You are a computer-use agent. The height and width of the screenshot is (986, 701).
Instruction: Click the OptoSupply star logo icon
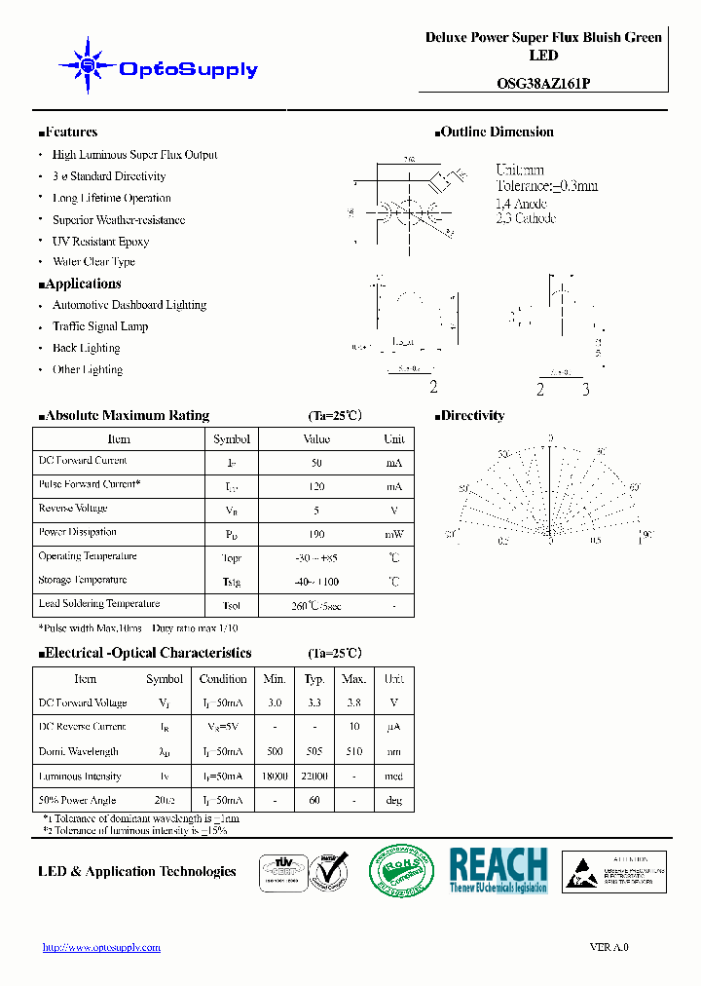click(88, 66)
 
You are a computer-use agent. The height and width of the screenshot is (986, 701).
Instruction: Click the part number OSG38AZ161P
click(543, 84)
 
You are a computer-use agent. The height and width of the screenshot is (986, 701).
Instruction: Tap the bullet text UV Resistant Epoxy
click(100, 241)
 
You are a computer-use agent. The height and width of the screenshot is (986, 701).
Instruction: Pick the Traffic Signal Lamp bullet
click(100, 326)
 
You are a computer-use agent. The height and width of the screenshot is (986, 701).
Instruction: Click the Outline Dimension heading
click(495, 133)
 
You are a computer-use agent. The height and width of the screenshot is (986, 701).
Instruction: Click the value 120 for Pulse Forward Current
click(316, 486)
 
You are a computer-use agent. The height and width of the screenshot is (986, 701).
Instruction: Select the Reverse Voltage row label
click(73, 509)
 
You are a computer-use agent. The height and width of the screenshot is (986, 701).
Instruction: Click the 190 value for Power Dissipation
click(316, 534)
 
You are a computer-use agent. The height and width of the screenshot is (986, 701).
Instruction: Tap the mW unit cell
click(393, 534)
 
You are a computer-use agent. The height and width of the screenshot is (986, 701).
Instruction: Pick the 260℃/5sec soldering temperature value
click(316, 605)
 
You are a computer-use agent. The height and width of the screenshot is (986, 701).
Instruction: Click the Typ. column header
click(314, 679)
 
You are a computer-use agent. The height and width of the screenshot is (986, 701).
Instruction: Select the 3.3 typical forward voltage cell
click(314, 703)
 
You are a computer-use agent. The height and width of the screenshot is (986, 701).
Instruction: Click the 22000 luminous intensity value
click(314, 777)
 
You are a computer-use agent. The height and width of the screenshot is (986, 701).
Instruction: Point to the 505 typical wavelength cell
click(314, 752)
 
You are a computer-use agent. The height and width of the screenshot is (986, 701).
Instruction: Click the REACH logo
click(498, 869)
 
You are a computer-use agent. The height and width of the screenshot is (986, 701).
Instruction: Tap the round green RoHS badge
click(400, 870)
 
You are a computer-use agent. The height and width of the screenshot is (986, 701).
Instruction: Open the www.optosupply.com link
click(102, 947)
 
